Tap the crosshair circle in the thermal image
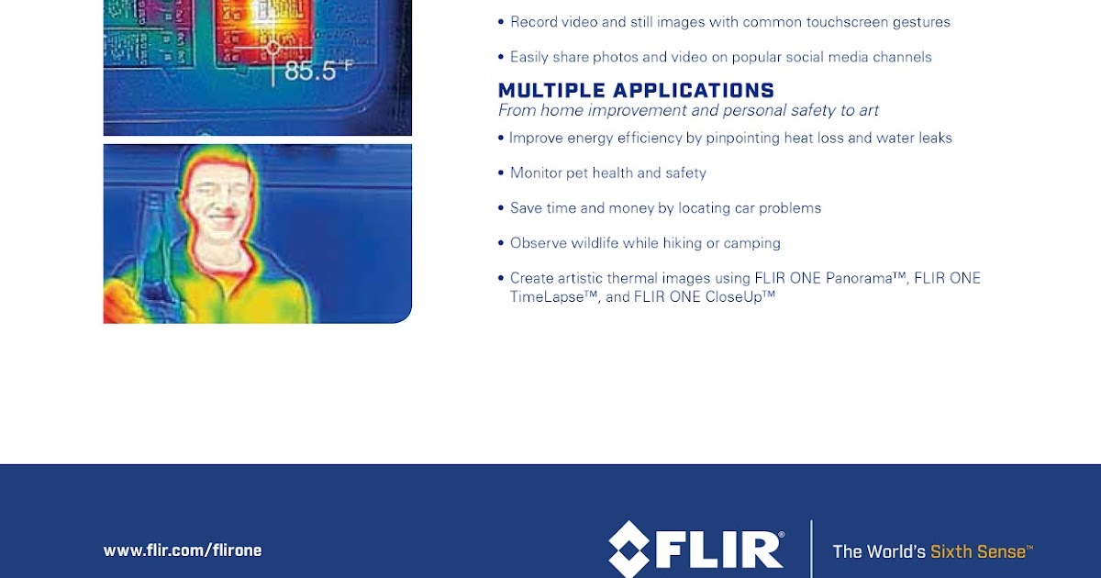coord(272,46)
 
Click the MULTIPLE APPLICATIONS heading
coord(636,90)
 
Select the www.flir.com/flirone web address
coord(183,550)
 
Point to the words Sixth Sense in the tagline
coord(980,551)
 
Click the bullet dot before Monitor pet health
coord(501,172)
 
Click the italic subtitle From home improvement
coord(688,111)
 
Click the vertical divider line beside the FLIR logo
coord(811,549)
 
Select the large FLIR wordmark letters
coord(723,550)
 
